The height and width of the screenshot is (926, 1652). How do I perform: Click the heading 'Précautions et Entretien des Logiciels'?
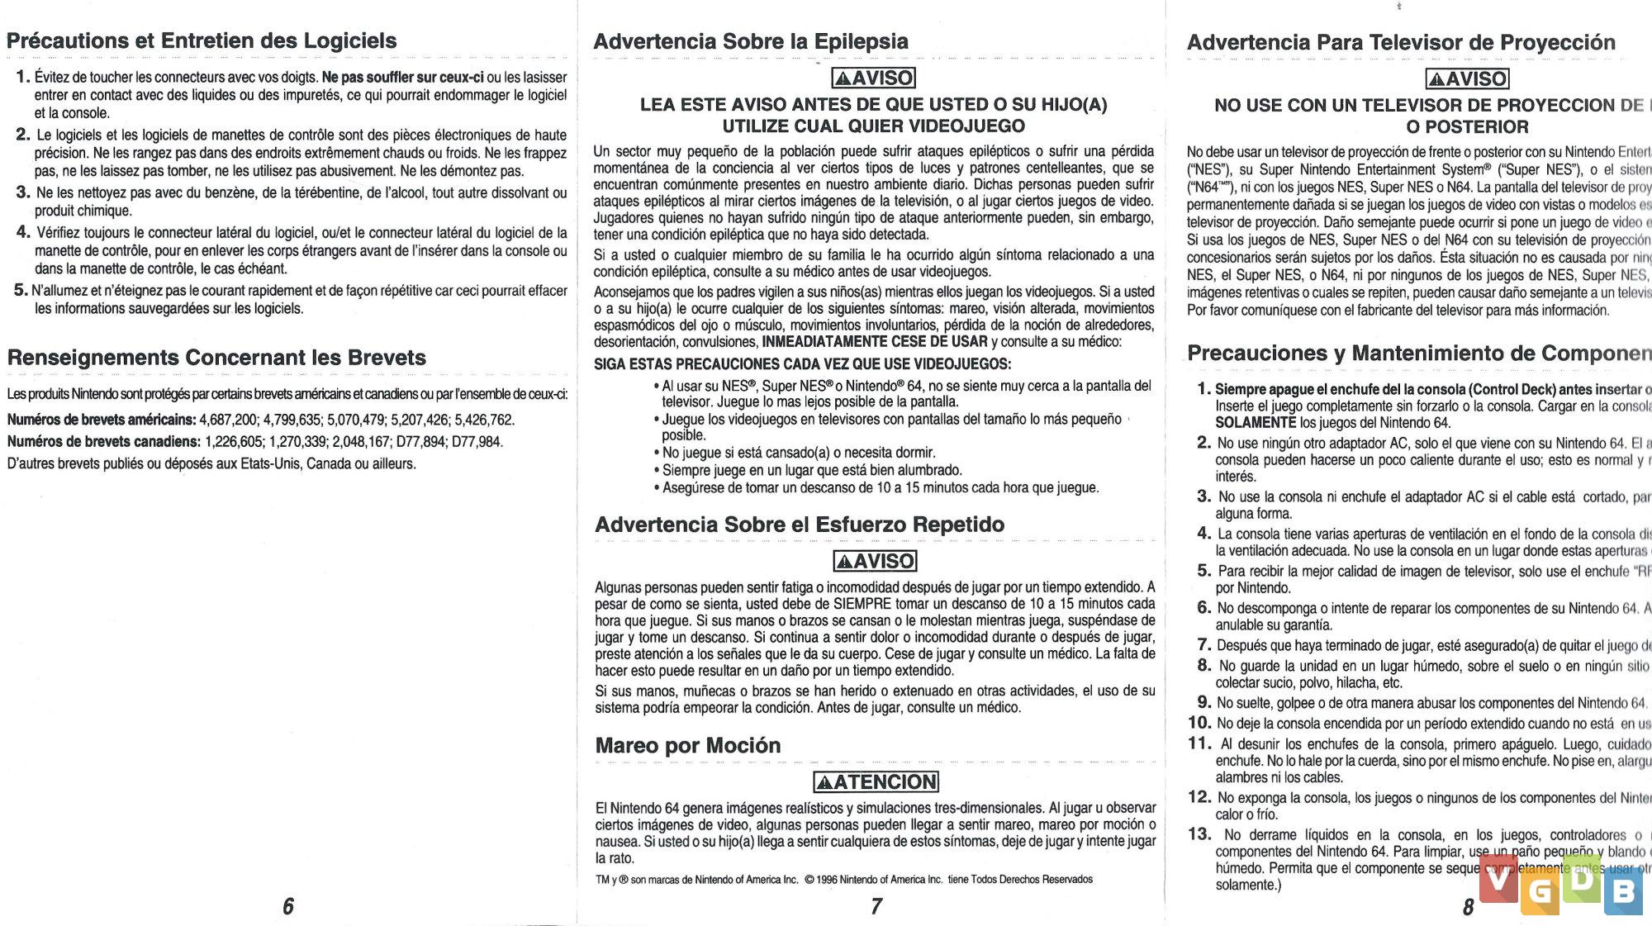click(202, 40)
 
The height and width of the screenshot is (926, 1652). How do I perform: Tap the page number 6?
click(288, 906)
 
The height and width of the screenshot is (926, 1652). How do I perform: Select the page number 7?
click(876, 906)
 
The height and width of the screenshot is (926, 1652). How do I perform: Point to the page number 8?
click(1468, 907)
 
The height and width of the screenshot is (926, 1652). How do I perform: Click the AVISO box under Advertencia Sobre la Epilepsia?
click(874, 78)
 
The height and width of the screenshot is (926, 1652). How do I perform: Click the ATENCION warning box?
click(876, 781)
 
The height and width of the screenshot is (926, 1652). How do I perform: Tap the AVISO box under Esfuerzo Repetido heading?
click(875, 561)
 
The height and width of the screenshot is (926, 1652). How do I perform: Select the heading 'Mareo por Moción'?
click(687, 745)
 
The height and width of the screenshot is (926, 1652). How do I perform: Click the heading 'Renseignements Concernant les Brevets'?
click(216, 358)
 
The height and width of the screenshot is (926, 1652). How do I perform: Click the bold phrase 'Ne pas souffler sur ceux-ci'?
click(402, 78)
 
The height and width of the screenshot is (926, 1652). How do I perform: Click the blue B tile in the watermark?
click(1623, 890)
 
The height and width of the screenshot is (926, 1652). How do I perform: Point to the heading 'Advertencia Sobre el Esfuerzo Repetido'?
click(799, 525)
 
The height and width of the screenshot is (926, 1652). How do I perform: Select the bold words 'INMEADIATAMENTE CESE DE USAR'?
click(875, 342)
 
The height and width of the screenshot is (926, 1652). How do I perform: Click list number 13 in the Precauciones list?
click(1199, 834)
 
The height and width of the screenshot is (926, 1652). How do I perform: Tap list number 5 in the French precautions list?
click(21, 290)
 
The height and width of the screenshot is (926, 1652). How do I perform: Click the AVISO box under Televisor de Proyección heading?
click(1467, 79)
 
